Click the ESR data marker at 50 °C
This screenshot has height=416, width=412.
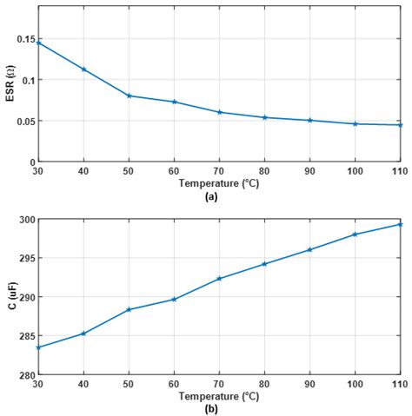pyautogui.click(x=129, y=96)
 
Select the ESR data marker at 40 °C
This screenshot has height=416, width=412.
pyautogui.click(x=83, y=69)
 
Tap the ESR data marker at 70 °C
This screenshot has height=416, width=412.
pyautogui.click(x=219, y=112)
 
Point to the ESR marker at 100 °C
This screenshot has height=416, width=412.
pyautogui.click(x=355, y=123)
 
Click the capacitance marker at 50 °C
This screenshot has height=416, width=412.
pyautogui.click(x=129, y=309)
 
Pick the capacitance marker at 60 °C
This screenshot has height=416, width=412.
pyautogui.click(x=174, y=299)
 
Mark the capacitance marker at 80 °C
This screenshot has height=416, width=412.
pyautogui.click(x=264, y=264)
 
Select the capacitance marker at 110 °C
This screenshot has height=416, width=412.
pyautogui.click(x=400, y=224)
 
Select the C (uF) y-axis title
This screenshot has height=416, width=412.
pyautogui.click(x=9, y=296)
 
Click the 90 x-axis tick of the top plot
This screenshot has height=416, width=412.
pyautogui.click(x=309, y=171)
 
